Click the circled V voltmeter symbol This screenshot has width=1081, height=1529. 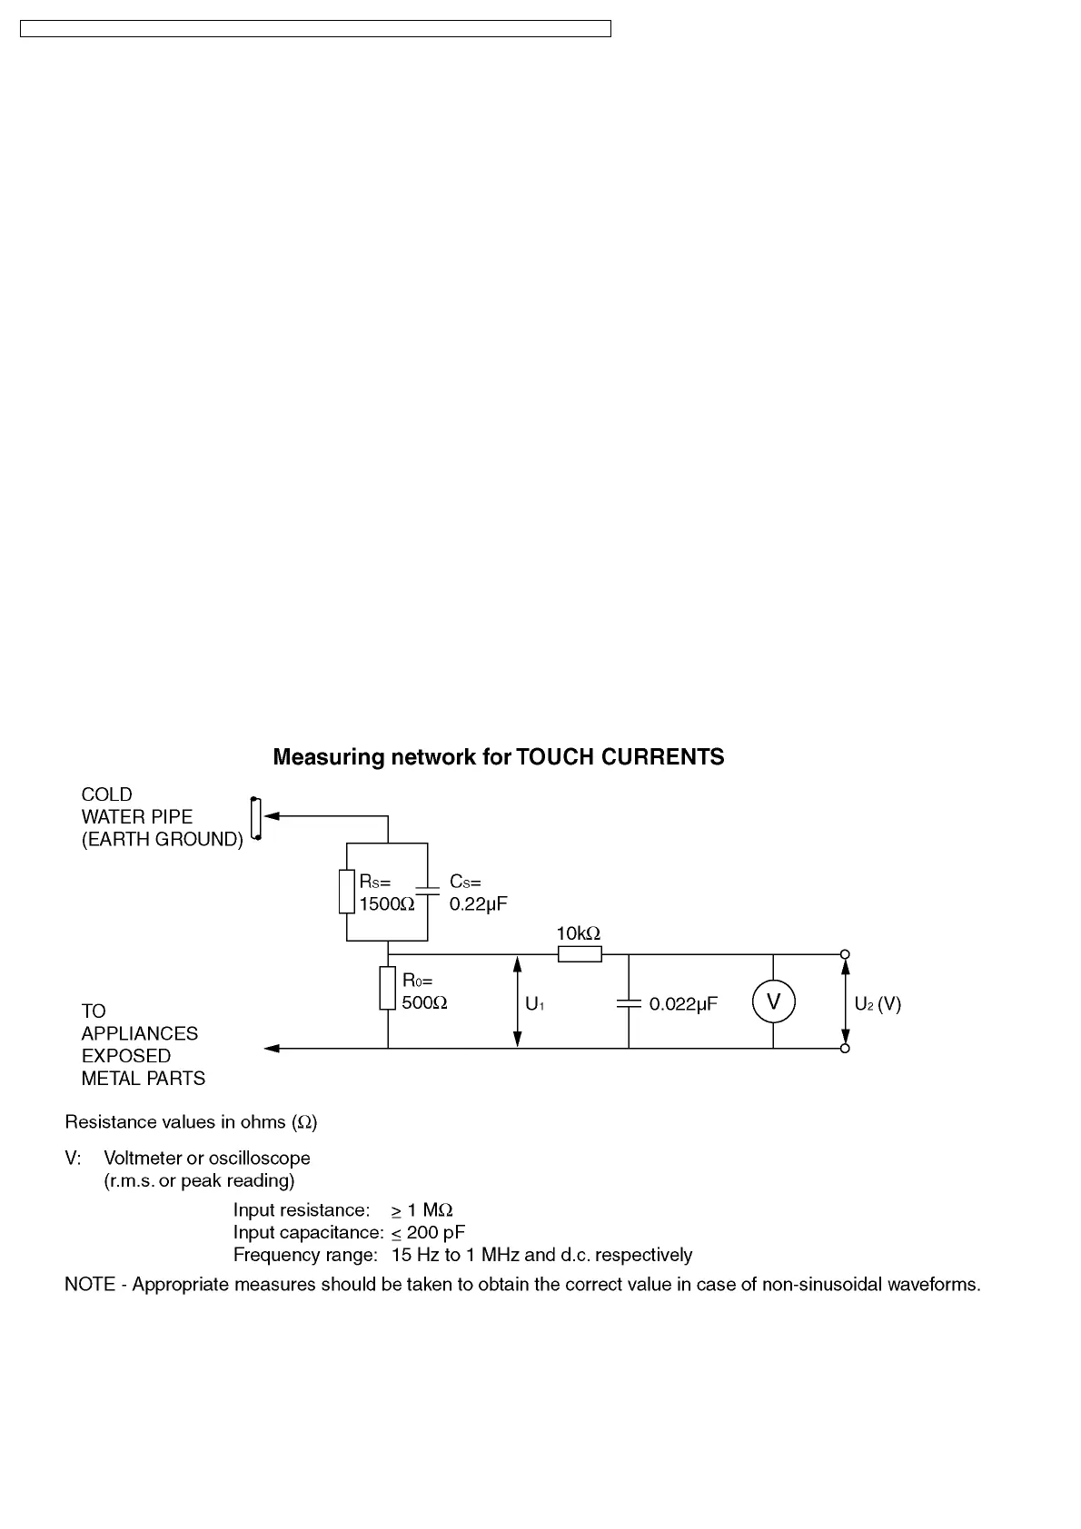773,1001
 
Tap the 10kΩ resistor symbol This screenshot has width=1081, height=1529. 580,953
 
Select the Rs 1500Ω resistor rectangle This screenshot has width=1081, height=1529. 346,891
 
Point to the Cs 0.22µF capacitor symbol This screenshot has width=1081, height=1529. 427,891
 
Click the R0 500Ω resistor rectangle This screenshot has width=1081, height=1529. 388,989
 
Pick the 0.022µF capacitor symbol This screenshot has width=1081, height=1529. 629,1003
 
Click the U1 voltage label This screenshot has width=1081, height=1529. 535,1005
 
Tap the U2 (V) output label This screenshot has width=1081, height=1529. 878,1004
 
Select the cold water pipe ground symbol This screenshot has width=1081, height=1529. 256,820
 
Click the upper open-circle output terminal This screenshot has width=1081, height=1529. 845,954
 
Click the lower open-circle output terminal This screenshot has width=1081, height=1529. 845,1049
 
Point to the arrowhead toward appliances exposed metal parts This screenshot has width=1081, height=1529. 271,1049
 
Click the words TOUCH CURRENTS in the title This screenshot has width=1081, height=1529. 620,757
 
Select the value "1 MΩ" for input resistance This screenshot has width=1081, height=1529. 430,1210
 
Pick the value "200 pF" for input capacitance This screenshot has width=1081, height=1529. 436,1233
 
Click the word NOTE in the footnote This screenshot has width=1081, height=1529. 89,1286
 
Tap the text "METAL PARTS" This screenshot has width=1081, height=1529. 144,1079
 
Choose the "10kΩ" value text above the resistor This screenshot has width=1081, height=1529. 579,933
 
